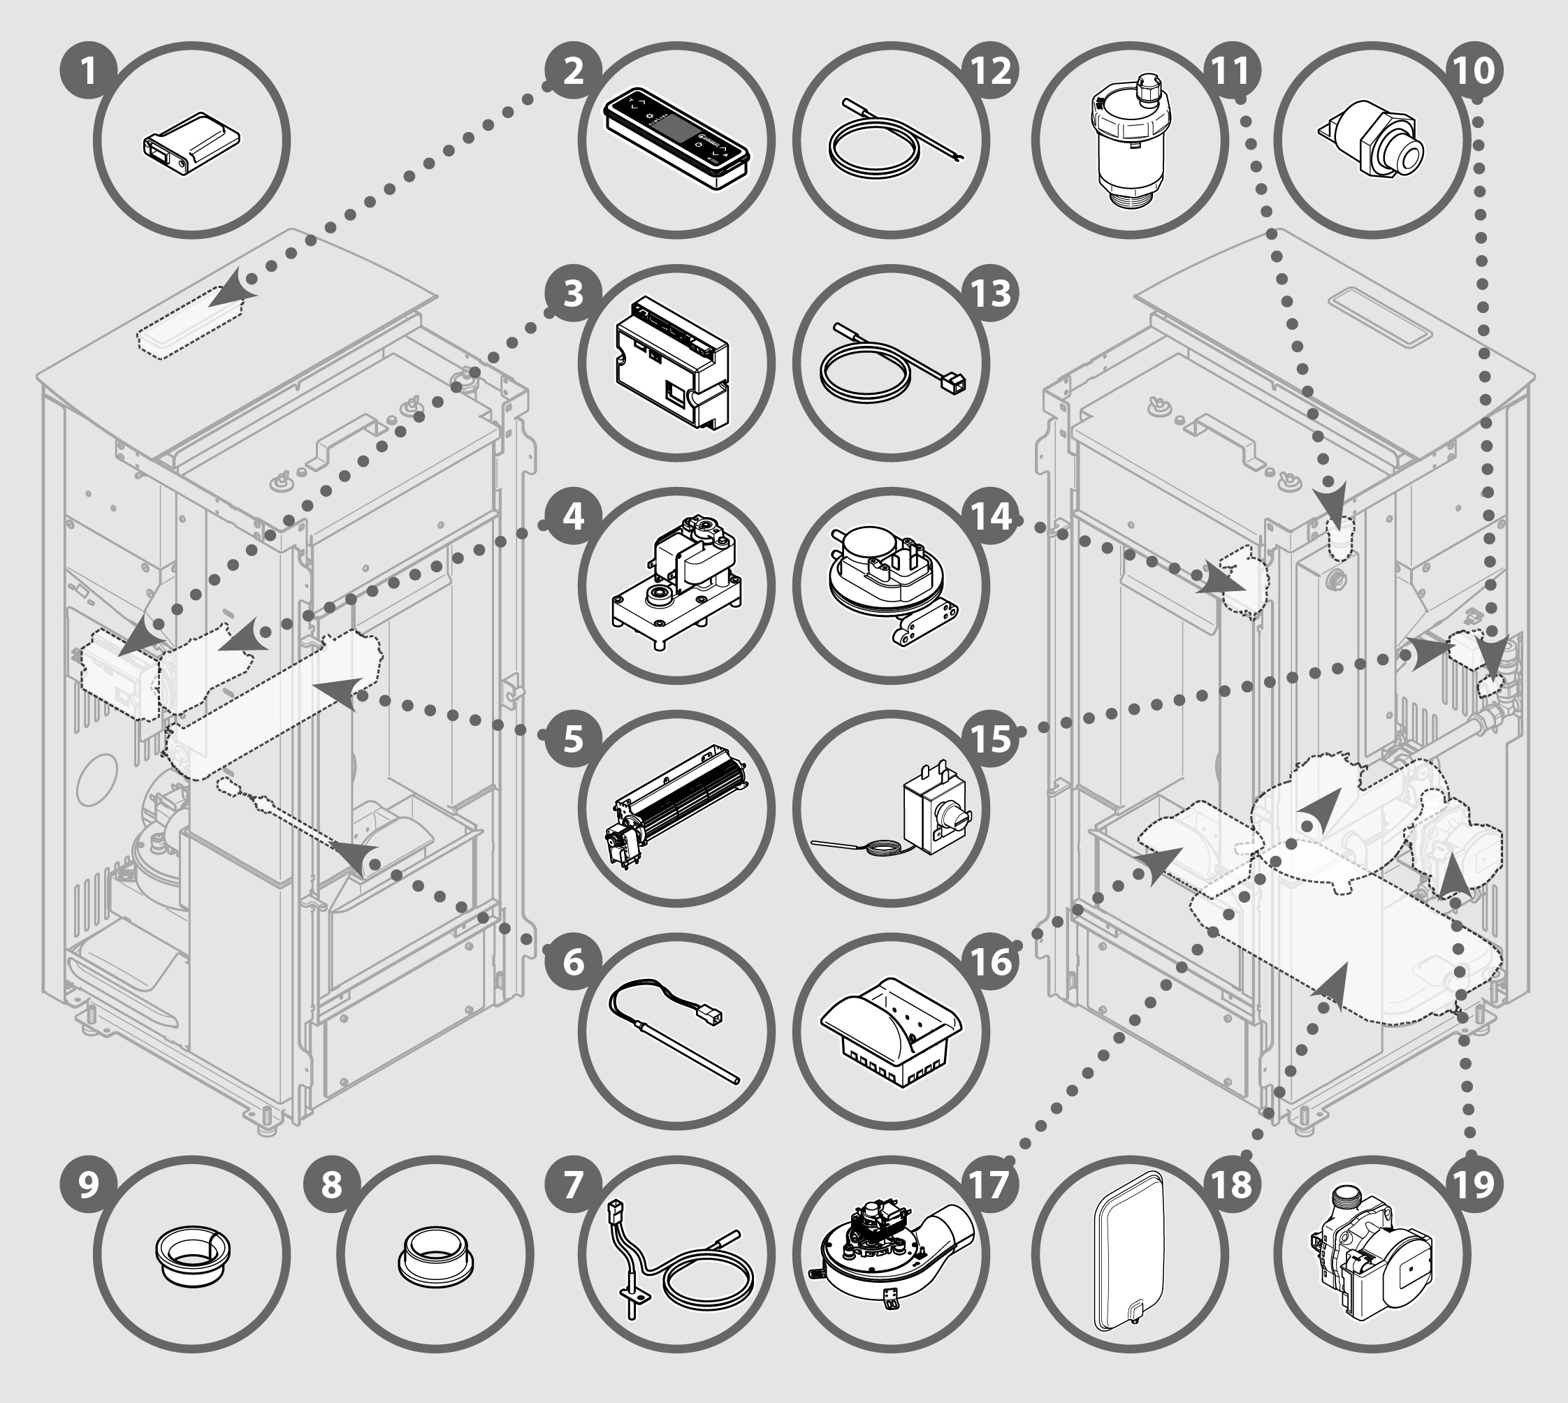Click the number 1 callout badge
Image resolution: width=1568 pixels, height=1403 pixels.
(89, 72)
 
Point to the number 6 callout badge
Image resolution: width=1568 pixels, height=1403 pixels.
(573, 962)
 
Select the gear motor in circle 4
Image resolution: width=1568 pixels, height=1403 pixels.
(676, 583)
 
